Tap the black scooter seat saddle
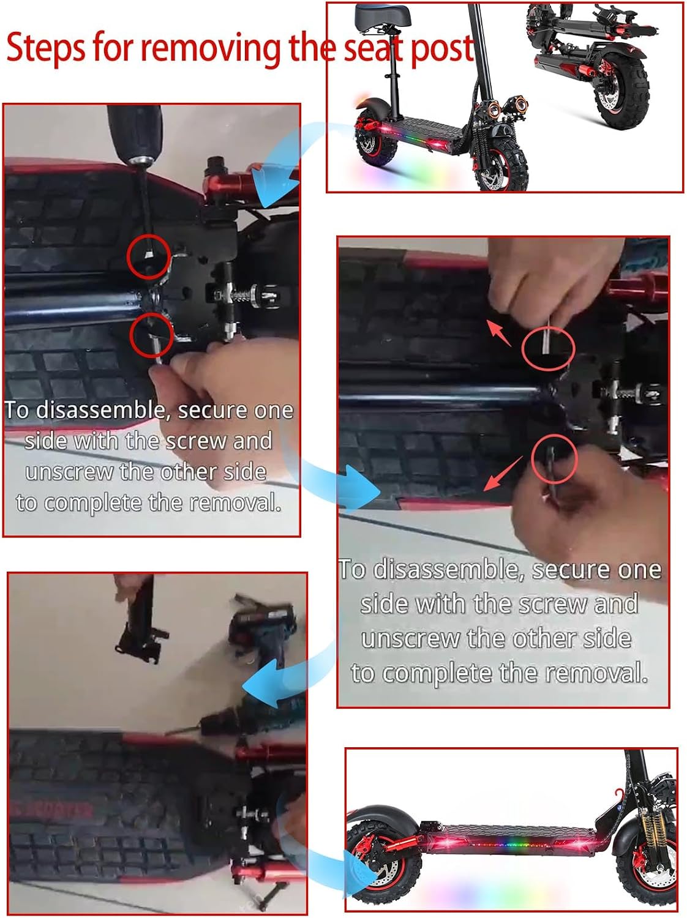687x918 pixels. point(383,15)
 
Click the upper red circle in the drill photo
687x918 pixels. point(149,256)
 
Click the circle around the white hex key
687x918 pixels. point(548,348)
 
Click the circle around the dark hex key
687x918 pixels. point(554,459)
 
